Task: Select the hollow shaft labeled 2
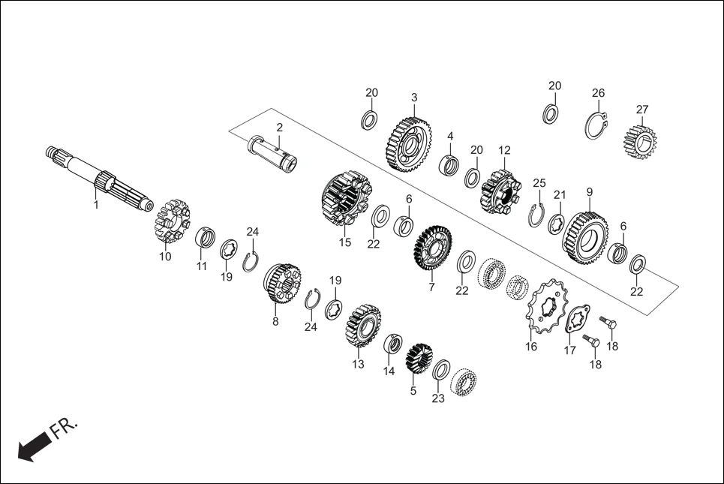275,152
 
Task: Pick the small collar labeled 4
450,164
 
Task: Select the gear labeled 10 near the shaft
172,223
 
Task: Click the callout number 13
358,364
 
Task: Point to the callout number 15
344,242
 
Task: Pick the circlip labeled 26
596,125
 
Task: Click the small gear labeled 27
640,140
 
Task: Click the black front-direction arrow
31,449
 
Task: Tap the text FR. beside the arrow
65,428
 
